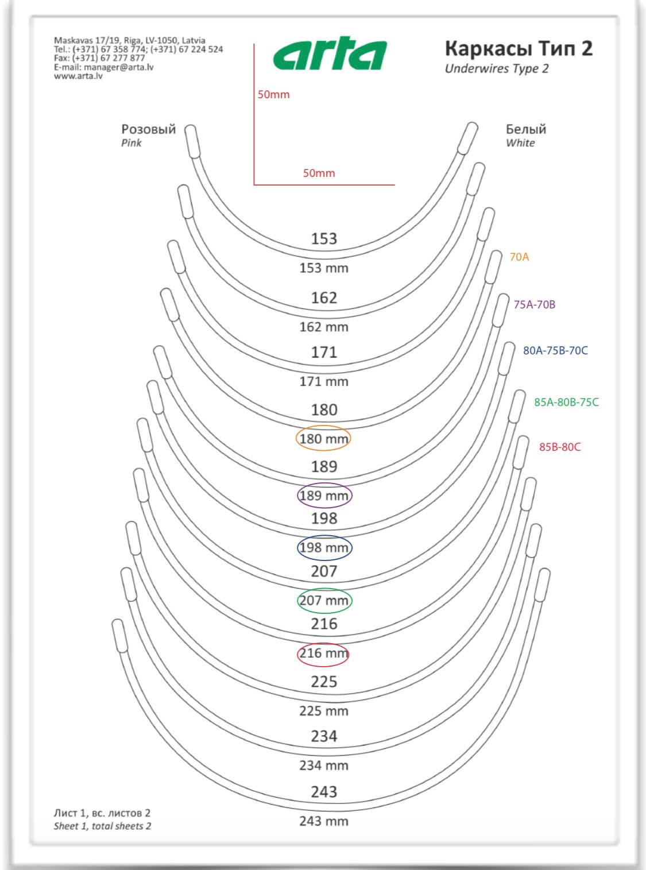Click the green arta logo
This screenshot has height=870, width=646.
330,53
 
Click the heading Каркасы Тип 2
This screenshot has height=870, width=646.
519,49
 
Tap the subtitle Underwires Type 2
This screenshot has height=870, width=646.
497,69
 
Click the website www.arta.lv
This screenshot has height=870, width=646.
78,76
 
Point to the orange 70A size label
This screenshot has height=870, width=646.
519,257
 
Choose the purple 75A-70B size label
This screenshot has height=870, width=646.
534,304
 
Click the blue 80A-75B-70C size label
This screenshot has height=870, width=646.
555,350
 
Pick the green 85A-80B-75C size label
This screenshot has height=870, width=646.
566,402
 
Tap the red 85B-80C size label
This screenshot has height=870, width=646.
560,447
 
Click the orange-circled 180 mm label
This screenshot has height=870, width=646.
324,439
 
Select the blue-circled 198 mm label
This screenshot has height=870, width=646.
324,547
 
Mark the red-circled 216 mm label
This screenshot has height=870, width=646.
324,653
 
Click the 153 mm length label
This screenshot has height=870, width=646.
324,268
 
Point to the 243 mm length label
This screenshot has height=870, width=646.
324,821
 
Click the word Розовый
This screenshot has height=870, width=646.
148,129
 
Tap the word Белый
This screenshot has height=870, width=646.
525,129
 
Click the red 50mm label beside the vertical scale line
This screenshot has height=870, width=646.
273,95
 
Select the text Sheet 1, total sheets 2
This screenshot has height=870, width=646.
102,826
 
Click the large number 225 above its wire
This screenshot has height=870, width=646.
324,682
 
